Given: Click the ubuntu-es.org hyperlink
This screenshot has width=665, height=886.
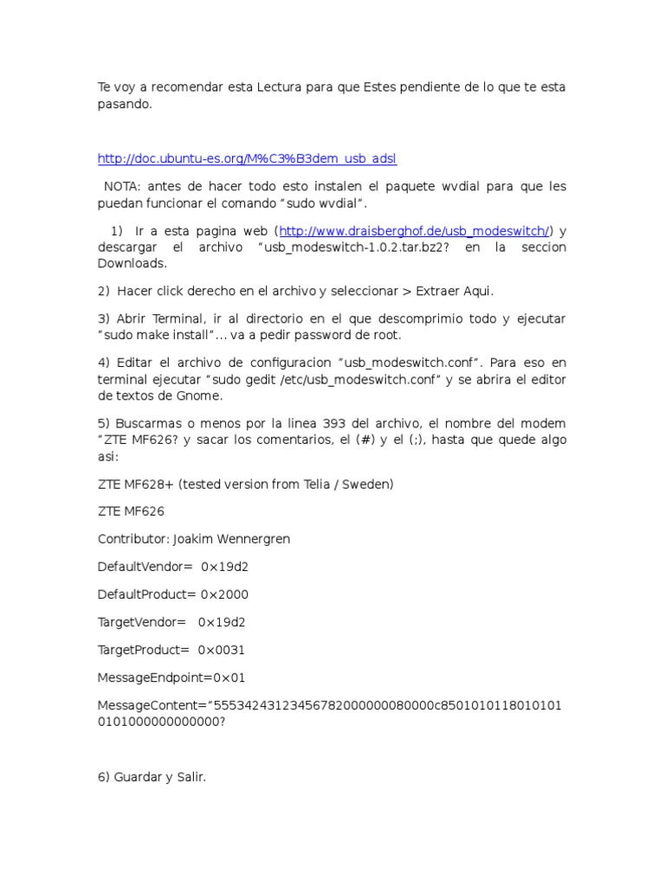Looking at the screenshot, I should coord(247,158).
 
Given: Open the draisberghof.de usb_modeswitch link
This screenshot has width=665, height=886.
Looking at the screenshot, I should coord(414,231).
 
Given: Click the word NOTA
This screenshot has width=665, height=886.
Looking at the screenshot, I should coord(124,187).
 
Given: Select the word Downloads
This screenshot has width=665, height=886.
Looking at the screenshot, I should coord(131,263).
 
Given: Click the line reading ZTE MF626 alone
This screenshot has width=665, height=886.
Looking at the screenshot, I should coord(131,511).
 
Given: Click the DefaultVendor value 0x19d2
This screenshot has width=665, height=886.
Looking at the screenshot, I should coord(224,567).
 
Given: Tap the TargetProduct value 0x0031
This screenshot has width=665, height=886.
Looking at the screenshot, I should coord(216,650).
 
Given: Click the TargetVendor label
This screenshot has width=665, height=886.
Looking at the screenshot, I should coord(141,622).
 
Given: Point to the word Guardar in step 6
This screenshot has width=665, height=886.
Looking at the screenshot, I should coord(144,778).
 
